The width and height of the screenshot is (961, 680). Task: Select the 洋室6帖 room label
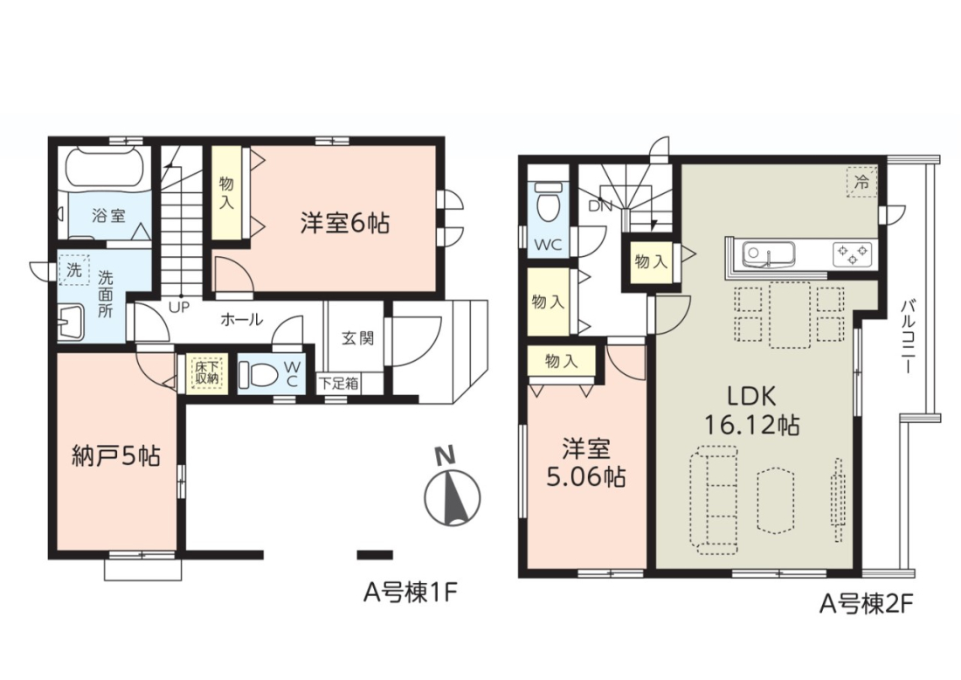pyautogui.click(x=345, y=223)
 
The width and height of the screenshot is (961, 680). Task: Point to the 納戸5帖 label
pyautogui.click(x=116, y=456)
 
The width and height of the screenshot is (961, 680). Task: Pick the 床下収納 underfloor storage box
pyautogui.click(x=206, y=373)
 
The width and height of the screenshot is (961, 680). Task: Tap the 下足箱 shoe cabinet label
pyautogui.click(x=338, y=384)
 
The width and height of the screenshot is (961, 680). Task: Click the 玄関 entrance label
pyautogui.click(x=357, y=338)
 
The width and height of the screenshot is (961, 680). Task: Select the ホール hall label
pyautogui.click(x=241, y=319)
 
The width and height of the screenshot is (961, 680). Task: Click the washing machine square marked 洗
pyautogui.click(x=74, y=270)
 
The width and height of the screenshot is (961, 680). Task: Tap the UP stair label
pyautogui.click(x=179, y=307)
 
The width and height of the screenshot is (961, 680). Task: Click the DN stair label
pyautogui.click(x=600, y=206)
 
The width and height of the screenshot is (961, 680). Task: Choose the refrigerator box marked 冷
pyautogui.click(x=861, y=182)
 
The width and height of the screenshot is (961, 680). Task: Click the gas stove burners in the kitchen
pyautogui.click(x=852, y=253)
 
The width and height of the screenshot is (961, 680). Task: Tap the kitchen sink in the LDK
pyautogui.click(x=769, y=253)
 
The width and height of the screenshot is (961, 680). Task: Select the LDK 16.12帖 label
pyautogui.click(x=752, y=410)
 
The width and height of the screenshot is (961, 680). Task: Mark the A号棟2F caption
pyautogui.click(x=867, y=605)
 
